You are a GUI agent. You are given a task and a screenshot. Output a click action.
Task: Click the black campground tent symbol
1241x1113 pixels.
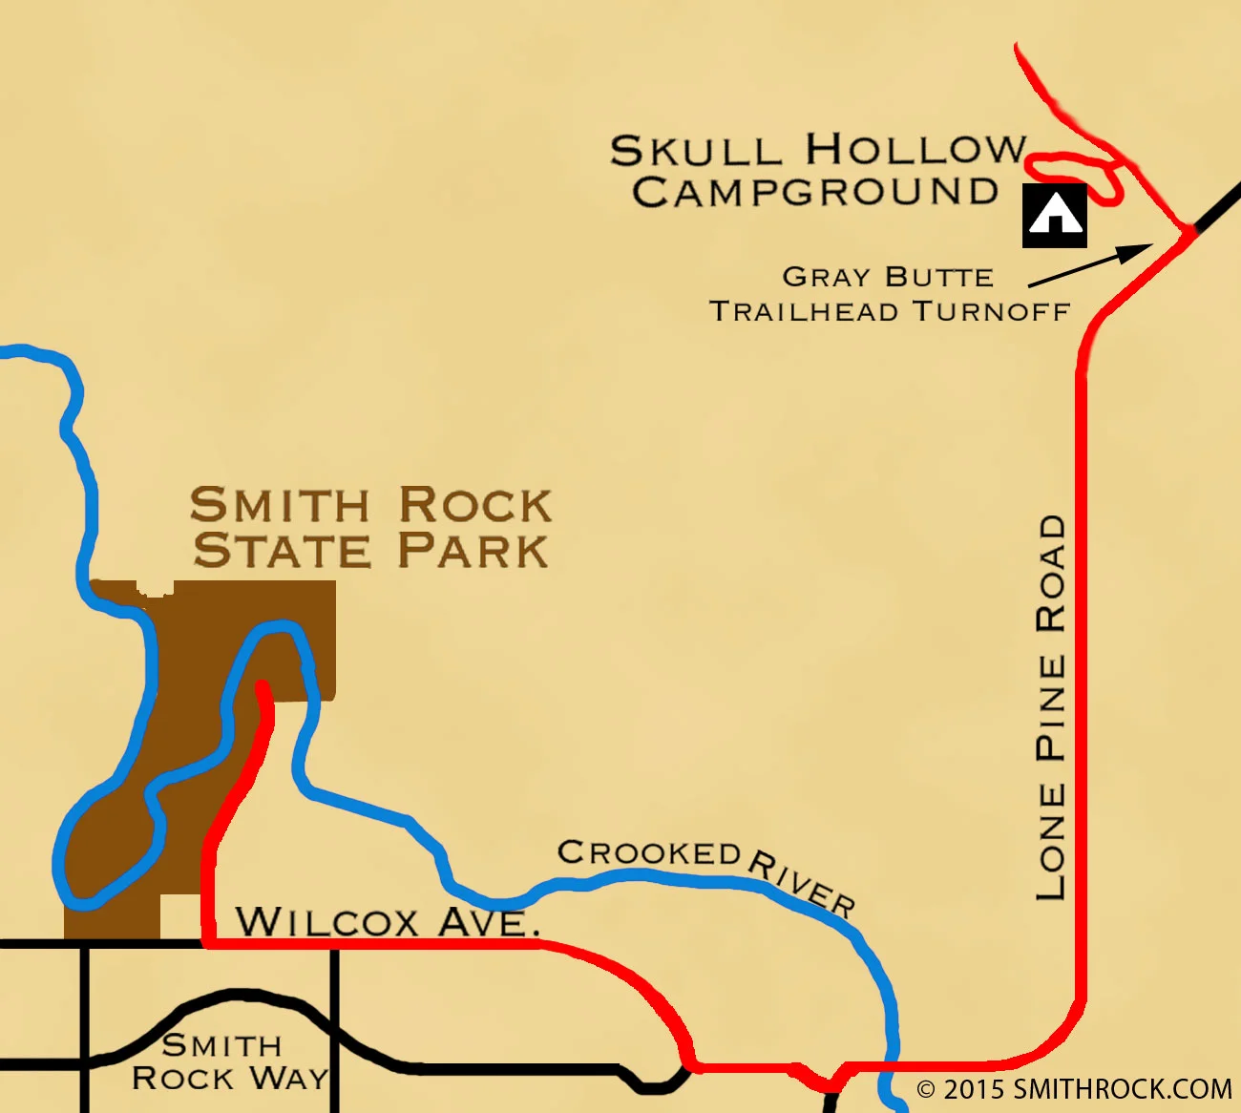(1055, 216)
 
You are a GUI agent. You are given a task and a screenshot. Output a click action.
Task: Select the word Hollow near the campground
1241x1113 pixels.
(915, 150)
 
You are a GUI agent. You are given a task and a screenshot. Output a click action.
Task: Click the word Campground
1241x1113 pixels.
(814, 193)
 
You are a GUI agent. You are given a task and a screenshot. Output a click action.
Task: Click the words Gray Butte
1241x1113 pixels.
(888, 277)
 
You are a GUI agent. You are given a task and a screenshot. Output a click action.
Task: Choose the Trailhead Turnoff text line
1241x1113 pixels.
(889, 311)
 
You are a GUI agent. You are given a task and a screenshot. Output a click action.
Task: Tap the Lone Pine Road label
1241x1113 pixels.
(1051, 707)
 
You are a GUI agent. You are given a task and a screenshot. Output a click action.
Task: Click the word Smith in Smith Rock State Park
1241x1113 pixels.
(279, 505)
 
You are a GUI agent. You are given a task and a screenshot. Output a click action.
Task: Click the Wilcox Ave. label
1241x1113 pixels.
(387, 922)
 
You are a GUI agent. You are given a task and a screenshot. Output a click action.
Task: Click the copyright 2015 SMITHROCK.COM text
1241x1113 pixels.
(1074, 1089)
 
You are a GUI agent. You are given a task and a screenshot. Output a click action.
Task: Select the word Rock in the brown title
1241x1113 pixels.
(474, 505)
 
